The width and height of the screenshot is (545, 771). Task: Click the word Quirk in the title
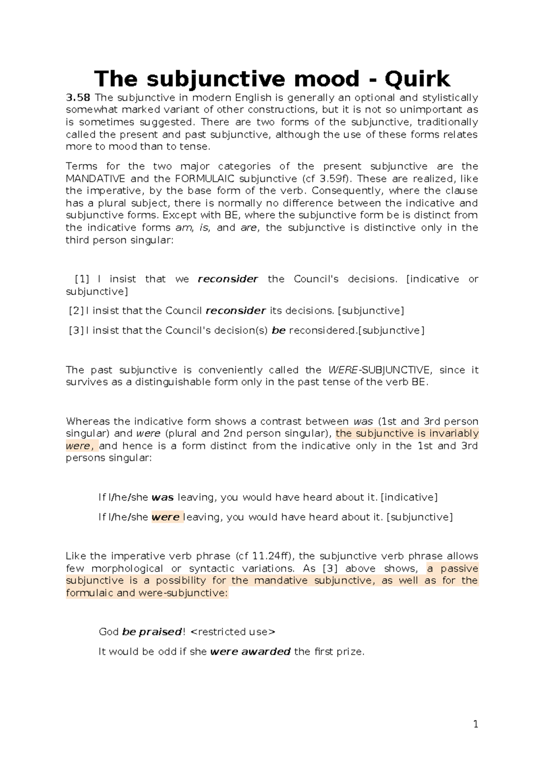pyautogui.click(x=417, y=79)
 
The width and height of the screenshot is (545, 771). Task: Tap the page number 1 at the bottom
pyautogui.click(x=476, y=725)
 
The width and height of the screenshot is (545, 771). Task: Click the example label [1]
pyautogui.click(x=82, y=279)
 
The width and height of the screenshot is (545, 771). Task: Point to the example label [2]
pyautogui.click(x=76, y=311)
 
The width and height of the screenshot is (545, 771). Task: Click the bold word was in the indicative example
pyautogui.click(x=163, y=497)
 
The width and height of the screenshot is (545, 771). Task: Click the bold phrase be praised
pyautogui.click(x=152, y=632)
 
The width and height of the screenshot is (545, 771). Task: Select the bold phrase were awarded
pyautogui.click(x=250, y=651)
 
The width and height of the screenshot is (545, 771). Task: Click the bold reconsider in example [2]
pyautogui.click(x=235, y=311)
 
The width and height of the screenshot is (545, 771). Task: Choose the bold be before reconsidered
pyautogui.click(x=278, y=330)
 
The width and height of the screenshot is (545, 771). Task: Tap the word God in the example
pyautogui.click(x=109, y=632)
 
